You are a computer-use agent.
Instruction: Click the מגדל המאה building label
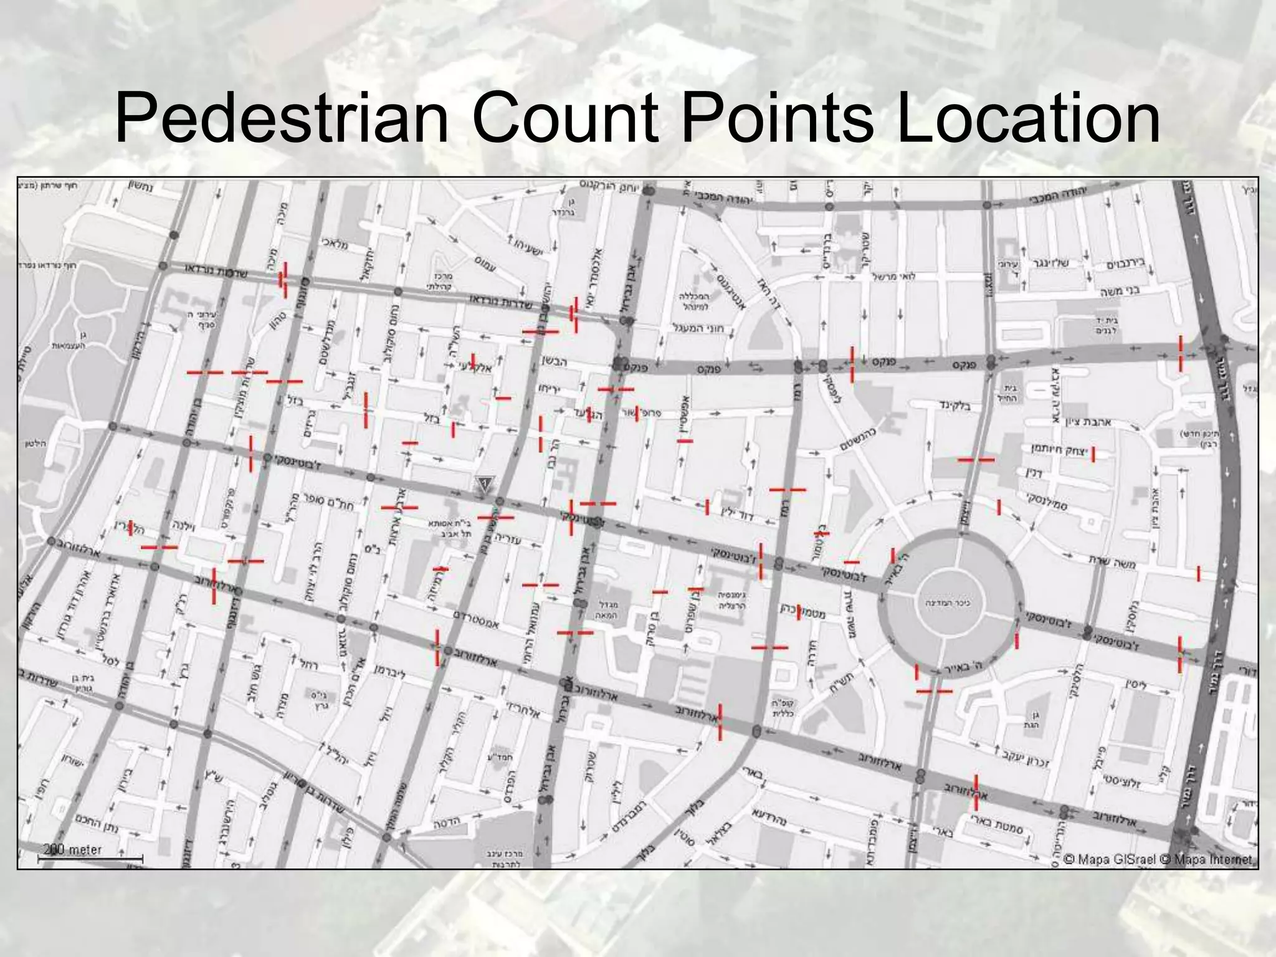(607, 610)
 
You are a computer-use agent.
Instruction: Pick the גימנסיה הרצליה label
(732, 600)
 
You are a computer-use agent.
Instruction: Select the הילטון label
(37, 443)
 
